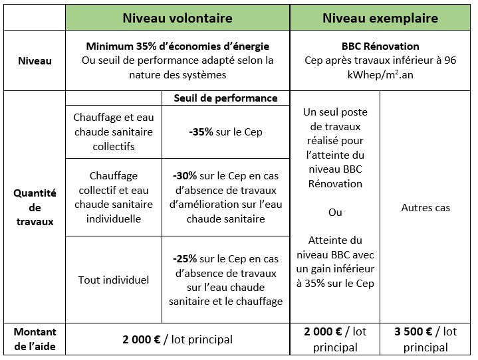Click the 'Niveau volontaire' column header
(x=178, y=18)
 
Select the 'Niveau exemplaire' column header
(x=380, y=18)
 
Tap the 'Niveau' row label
(x=34, y=60)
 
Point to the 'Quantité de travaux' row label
(x=35, y=207)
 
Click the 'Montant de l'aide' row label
(x=35, y=339)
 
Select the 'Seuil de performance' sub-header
(x=225, y=98)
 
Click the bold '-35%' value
(x=201, y=132)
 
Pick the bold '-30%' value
(x=185, y=176)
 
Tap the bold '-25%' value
(x=184, y=258)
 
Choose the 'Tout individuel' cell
(x=113, y=280)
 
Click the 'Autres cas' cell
(x=425, y=208)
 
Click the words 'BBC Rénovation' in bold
(x=381, y=46)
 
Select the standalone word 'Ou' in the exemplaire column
(x=335, y=213)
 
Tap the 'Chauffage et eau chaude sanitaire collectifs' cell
(x=113, y=132)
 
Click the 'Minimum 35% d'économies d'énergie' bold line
(x=178, y=46)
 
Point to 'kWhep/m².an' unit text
(x=381, y=75)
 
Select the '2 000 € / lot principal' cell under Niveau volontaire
(x=178, y=339)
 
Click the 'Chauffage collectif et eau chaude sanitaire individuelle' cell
(x=113, y=197)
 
